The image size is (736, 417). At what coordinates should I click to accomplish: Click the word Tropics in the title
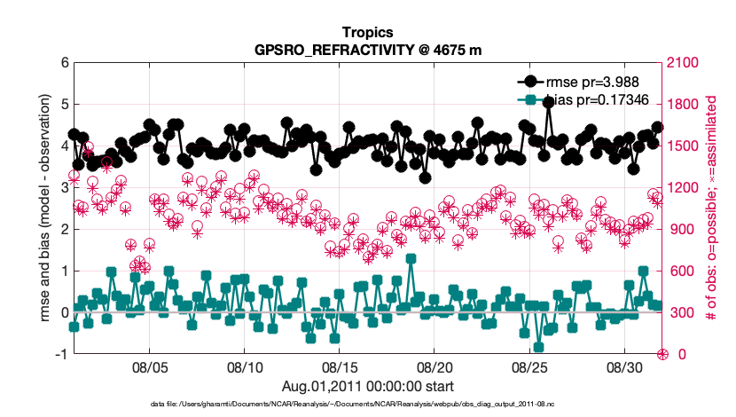point(368,32)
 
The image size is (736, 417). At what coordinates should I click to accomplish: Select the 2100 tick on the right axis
point(685,63)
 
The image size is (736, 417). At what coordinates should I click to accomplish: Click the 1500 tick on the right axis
point(685,146)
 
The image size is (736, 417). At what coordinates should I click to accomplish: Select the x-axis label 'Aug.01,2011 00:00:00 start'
point(368,386)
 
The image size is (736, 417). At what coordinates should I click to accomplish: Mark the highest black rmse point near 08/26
point(550,103)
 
